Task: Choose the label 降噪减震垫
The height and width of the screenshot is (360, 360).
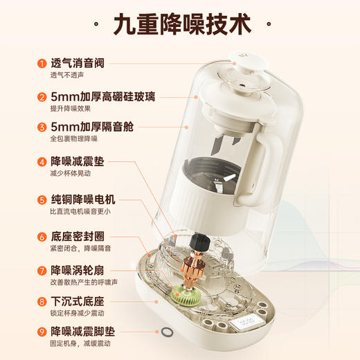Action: pos(76,162)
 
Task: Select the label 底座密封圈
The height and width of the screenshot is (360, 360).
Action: pos(76,236)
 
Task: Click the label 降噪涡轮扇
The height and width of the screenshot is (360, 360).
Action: pos(76,269)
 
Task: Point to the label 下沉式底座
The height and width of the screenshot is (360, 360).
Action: pos(76,302)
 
